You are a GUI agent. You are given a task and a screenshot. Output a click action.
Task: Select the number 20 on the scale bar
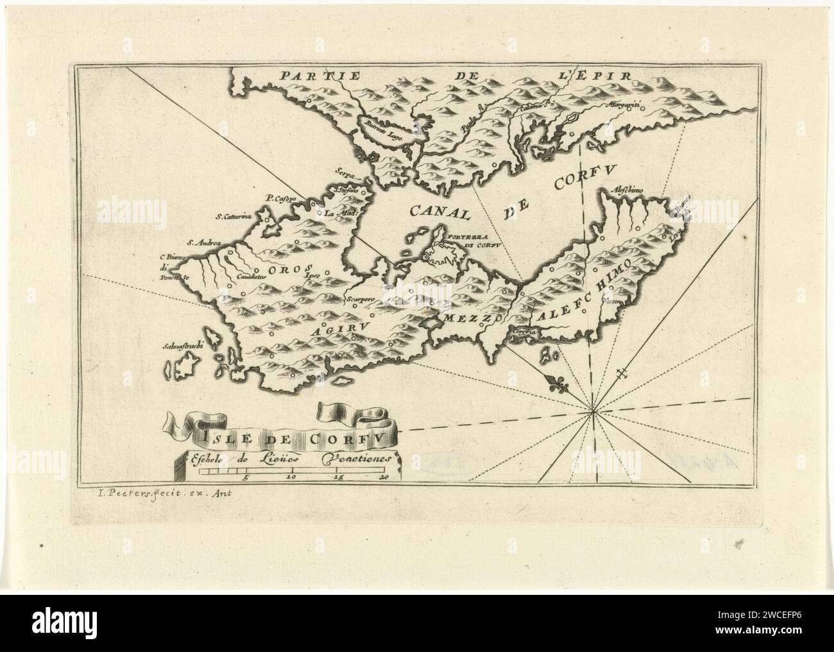coord(384,477)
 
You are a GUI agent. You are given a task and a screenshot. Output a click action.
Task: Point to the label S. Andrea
coord(203,243)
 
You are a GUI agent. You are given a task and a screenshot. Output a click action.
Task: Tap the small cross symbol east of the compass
coord(621,375)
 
